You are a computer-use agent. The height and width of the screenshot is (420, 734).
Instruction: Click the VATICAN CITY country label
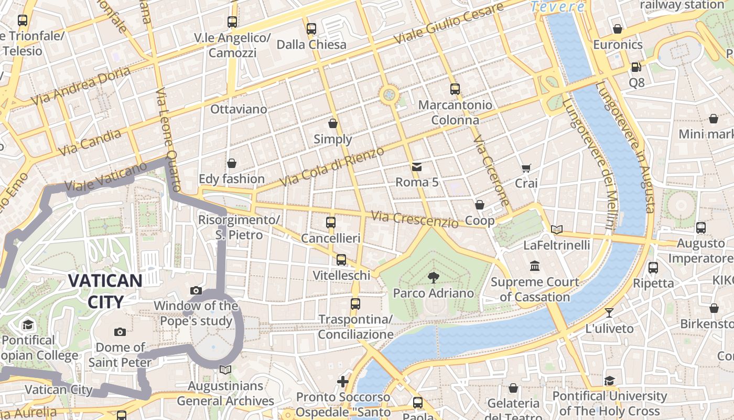(x=105, y=291)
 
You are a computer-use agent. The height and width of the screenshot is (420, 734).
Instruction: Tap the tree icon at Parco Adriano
(x=433, y=278)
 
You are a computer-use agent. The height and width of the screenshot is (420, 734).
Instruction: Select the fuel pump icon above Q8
(x=636, y=67)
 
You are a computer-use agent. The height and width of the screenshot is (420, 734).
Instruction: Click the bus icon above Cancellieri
(x=331, y=222)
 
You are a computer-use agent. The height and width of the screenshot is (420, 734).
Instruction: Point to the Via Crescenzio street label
(x=414, y=219)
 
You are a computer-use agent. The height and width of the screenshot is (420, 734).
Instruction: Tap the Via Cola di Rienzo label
(x=332, y=166)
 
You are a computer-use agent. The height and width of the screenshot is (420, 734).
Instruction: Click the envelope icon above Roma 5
(x=416, y=167)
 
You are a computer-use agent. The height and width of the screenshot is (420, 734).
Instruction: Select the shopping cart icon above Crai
(x=526, y=168)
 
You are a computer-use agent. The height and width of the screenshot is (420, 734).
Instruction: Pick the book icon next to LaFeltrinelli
(x=557, y=229)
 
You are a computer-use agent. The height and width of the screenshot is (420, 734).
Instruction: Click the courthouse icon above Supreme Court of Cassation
(x=535, y=266)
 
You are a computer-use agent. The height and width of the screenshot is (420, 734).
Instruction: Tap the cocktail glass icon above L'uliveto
(x=609, y=313)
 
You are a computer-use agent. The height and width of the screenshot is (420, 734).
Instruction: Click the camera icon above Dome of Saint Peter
(x=120, y=332)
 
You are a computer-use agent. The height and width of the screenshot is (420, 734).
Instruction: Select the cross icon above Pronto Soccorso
(x=343, y=381)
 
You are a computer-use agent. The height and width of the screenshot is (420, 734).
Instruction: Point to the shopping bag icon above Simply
(x=332, y=123)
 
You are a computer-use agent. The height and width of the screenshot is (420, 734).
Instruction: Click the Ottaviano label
(x=239, y=109)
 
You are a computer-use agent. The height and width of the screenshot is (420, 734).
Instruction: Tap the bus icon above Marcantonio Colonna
(x=455, y=89)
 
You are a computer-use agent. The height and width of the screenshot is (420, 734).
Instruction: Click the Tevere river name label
(x=557, y=7)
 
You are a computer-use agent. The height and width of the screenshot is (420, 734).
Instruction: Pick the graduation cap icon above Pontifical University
(x=609, y=381)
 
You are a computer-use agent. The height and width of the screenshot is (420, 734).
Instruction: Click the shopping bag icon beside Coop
(x=479, y=205)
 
